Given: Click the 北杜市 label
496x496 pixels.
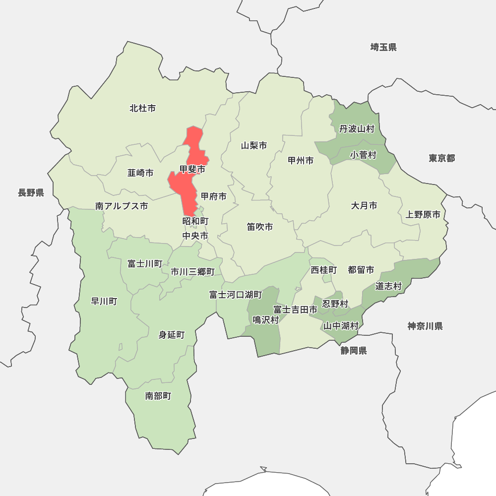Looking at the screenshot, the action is (142, 108).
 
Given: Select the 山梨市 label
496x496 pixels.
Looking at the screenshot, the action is (254, 145).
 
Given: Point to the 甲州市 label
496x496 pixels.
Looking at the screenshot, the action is (301, 160).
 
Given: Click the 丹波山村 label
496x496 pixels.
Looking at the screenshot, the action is (357, 129).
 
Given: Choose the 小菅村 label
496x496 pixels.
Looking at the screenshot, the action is (363, 155).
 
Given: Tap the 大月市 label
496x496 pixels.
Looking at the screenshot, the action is (364, 205).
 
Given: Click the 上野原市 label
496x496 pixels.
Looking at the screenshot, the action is (423, 215).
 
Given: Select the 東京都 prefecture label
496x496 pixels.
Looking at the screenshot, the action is (441, 158).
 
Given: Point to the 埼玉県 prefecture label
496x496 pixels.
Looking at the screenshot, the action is (383, 48).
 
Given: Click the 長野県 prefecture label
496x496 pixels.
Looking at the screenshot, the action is (31, 193).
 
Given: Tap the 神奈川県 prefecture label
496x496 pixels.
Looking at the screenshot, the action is (425, 326).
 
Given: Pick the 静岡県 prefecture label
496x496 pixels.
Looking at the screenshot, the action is (354, 351).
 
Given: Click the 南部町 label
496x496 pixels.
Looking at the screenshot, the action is (158, 396).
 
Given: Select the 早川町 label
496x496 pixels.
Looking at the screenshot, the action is (104, 301).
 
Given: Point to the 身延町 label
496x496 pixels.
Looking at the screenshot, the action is (171, 335).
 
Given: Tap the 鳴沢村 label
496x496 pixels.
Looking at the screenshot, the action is (266, 320).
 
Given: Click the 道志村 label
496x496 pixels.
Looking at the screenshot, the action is (388, 286).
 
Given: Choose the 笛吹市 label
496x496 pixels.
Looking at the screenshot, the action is (260, 227).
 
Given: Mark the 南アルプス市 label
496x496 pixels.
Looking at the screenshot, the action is (122, 206).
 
